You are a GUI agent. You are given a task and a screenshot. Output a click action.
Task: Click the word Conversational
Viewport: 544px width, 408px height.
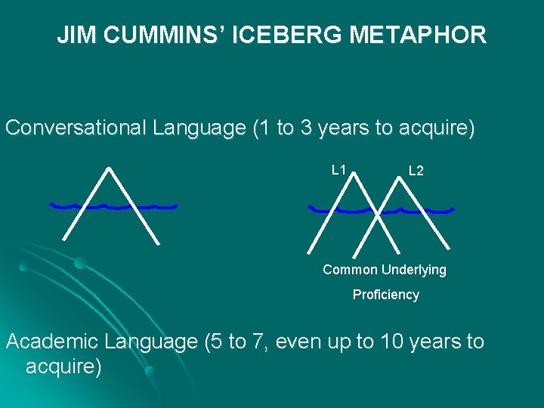[x=76, y=128]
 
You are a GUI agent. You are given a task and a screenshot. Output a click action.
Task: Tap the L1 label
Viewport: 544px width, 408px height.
[x=339, y=170]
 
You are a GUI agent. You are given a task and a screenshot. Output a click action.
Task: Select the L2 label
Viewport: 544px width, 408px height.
[x=416, y=172]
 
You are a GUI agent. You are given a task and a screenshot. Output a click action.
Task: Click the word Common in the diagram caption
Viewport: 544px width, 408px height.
[x=350, y=270]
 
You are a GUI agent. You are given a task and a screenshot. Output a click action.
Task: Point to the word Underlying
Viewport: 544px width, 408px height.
[x=414, y=270]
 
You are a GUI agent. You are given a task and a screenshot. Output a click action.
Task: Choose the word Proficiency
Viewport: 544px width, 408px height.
[x=385, y=295]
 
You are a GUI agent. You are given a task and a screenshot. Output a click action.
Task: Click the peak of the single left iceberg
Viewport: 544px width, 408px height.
[x=110, y=168]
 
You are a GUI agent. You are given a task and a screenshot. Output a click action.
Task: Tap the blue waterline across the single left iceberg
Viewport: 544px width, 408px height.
[x=113, y=206]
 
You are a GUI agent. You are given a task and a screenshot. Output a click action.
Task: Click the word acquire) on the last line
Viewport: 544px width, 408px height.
[x=63, y=368]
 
